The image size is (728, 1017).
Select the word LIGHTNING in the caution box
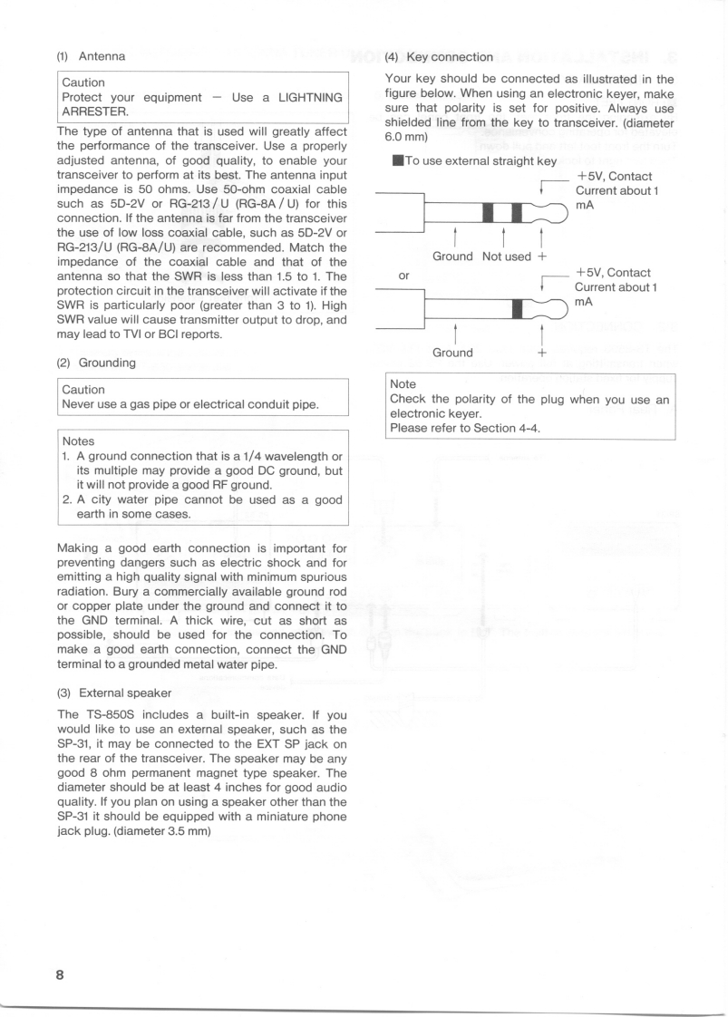tap(297, 97)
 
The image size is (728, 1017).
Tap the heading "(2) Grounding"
tap(96, 363)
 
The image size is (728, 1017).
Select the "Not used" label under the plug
tap(506, 257)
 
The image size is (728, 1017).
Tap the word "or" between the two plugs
tap(405, 274)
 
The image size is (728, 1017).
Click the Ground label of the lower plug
tap(452, 353)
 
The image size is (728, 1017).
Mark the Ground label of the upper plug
tap(452, 257)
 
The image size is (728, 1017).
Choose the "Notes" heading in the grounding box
tap(80, 440)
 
